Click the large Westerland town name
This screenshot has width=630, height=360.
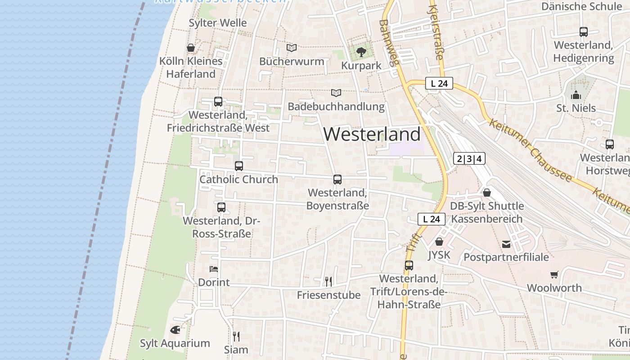pyautogui.click(x=372, y=134)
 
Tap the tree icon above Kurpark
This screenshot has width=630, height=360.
pyautogui.click(x=361, y=52)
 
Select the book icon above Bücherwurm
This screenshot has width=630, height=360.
pyautogui.click(x=292, y=48)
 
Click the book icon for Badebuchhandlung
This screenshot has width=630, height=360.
pyautogui.click(x=336, y=93)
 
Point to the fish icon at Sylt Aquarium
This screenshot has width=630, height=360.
pyautogui.click(x=175, y=330)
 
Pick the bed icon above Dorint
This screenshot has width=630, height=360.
pyautogui.click(x=214, y=269)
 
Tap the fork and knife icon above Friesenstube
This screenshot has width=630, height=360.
pyautogui.click(x=328, y=282)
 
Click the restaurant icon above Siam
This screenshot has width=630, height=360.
pyautogui.click(x=236, y=336)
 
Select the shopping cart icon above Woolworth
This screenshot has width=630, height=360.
pyautogui.click(x=554, y=274)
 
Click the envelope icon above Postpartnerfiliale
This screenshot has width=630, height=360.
pyautogui.click(x=506, y=244)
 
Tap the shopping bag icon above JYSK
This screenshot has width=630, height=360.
pyautogui.click(x=439, y=242)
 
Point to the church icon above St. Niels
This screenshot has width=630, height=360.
pyautogui.click(x=576, y=95)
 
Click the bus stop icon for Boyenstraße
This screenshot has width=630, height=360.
pyautogui.click(x=337, y=180)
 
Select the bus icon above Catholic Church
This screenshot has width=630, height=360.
pyautogui.click(x=239, y=166)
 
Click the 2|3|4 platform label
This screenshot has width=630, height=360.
pyautogui.click(x=469, y=158)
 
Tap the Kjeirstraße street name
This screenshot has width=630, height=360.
pyautogui.click(x=436, y=32)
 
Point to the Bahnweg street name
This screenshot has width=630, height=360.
pyautogui.click(x=389, y=43)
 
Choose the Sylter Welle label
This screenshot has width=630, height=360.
pyautogui.click(x=218, y=23)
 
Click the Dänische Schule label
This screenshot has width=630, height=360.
pyautogui.click(x=581, y=6)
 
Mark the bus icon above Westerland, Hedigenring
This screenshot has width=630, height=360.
pyautogui.click(x=584, y=32)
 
